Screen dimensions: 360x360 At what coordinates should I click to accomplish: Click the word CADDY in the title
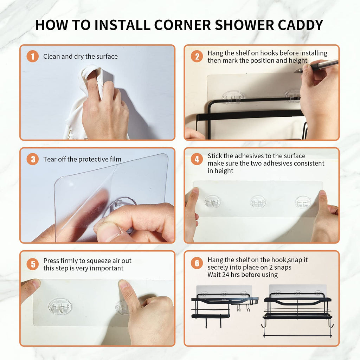300,25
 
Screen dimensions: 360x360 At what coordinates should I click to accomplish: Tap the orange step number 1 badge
33,56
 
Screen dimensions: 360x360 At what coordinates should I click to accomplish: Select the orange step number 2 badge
197,57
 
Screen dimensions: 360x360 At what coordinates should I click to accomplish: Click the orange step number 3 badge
33,159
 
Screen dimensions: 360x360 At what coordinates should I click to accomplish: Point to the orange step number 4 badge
197,159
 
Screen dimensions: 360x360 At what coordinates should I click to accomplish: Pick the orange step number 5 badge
33,264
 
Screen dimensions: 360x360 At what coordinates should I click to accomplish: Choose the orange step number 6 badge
197,263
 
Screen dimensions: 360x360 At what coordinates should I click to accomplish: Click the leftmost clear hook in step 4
213,201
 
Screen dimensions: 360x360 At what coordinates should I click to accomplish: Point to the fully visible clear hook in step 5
60,306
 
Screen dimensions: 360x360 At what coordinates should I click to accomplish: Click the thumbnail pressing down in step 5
123,284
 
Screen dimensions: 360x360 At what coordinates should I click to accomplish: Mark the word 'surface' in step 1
107,57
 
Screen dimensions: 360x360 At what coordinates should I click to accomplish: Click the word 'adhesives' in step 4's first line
249,156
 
